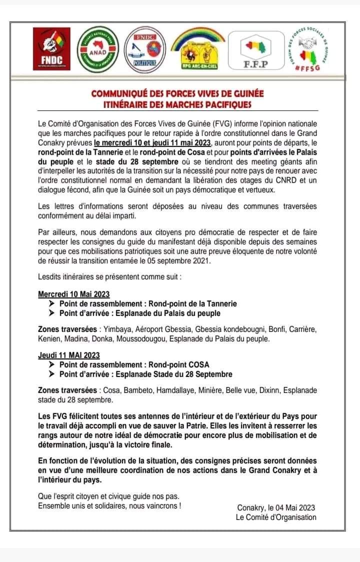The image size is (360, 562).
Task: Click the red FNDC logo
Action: (x=51, y=48)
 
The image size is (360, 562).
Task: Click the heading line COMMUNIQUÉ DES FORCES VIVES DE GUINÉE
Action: (x=177, y=93)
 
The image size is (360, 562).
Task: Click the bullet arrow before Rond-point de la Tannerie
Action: (x=52, y=303)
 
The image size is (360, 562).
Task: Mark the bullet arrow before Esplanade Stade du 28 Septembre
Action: (x=52, y=374)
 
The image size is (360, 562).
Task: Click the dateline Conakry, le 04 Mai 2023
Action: (x=276, y=508)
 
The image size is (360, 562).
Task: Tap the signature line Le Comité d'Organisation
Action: (x=276, y=517)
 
